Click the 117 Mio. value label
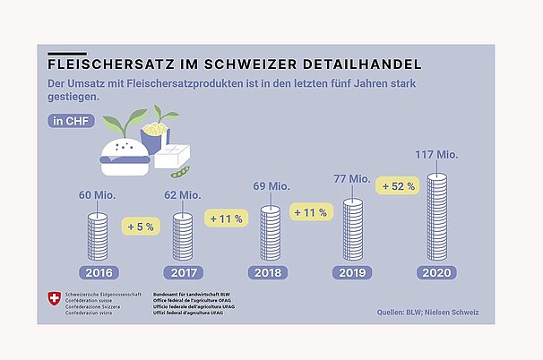tap(436, 156)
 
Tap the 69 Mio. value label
tap(270, 188)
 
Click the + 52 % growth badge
tap(397, 185)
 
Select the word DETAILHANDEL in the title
tap(366, 65)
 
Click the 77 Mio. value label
tap(352, 180)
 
